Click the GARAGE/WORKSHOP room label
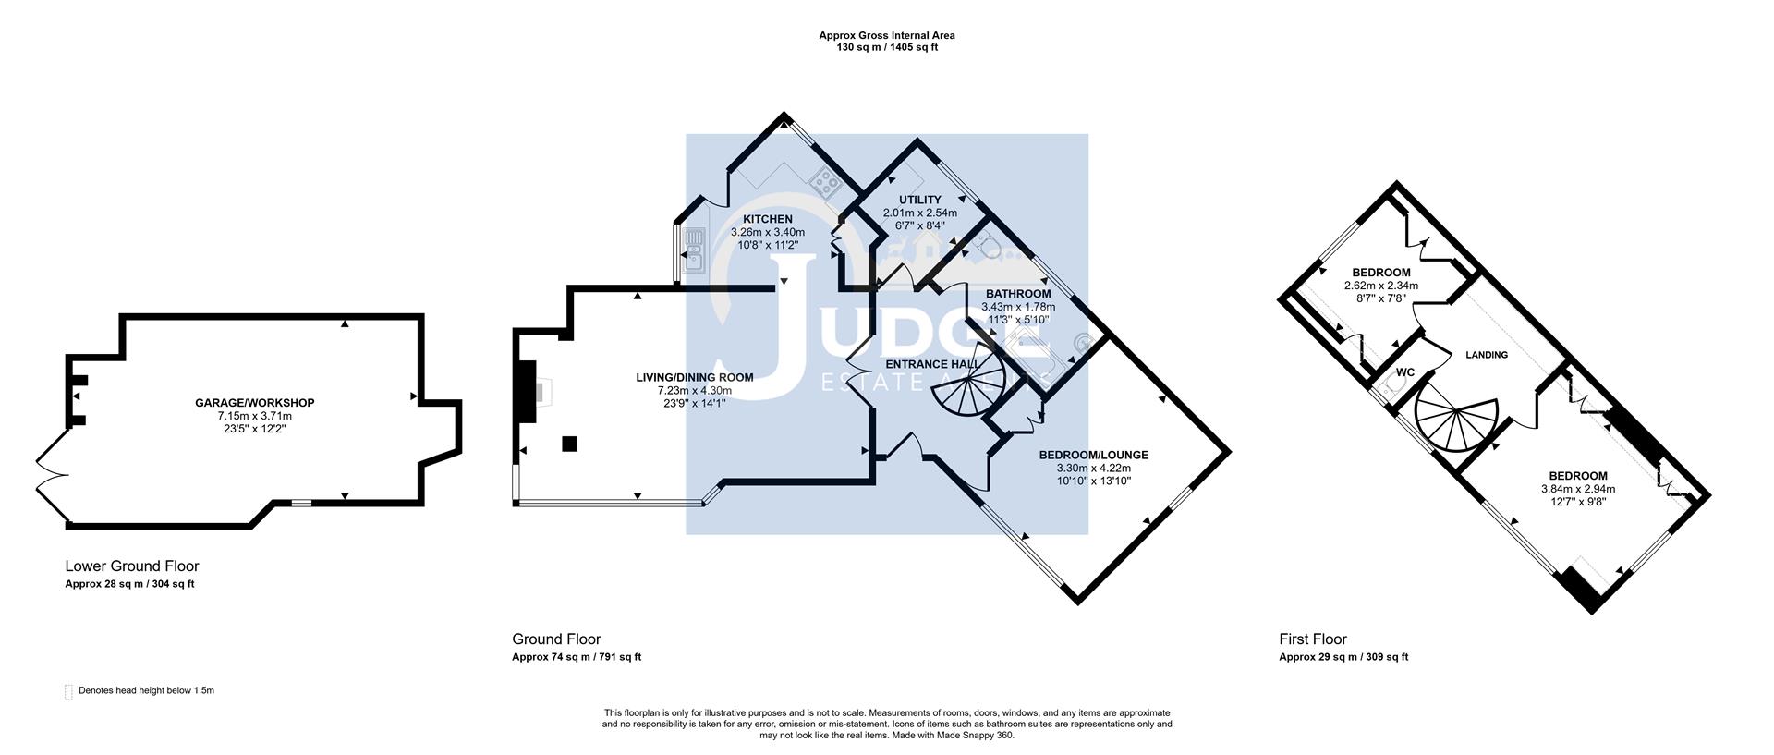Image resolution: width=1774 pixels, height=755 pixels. coord(254,403)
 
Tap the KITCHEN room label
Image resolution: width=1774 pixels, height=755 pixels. coord(768,219)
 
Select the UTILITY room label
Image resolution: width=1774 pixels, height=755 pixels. coord(919,200)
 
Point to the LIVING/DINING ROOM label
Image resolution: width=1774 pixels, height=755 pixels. coord(694,377)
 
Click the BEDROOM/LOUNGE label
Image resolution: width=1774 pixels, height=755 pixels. coord(1093,455)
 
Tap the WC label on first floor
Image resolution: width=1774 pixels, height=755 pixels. coord(1404,372)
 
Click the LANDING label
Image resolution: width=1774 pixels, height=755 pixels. coord(1487,355)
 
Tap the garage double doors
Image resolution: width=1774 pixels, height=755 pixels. coord(51,476)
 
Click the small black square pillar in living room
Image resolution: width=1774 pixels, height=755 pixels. coord(570,444)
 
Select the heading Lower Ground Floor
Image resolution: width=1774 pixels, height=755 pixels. coord(131,566)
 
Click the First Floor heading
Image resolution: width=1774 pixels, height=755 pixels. coord(1312,639)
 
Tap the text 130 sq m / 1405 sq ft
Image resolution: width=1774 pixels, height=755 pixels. coord(887,47)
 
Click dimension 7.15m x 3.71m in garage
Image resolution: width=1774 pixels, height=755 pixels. coord(254,416)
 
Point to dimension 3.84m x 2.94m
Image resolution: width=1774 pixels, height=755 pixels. coord(1578,489)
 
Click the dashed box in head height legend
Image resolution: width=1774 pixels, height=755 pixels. coord(68,692)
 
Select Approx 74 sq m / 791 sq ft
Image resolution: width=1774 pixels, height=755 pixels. coord(576,657)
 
